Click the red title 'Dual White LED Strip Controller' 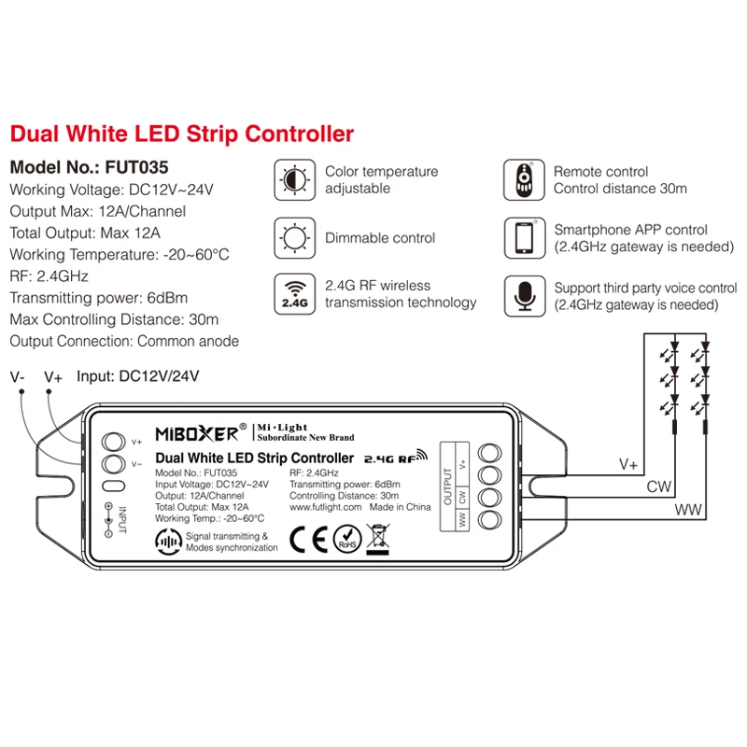click(x=182, y=134)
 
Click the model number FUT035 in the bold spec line click(x=136, y=167)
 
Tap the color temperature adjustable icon click(x=294, y=180)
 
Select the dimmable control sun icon click(x=294, y=238)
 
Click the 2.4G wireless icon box click(x=294, y=294)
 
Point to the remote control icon click(x=524, y=180)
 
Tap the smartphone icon click(x=525, y=238)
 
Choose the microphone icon click(x=525, y=296)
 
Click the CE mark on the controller click(x=309, y=540)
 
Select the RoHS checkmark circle click(x=347, y=540)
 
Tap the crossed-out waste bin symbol click(x=378, y=540)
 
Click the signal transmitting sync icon click(x=169, y=542)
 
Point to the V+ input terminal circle click(x=113, y=442)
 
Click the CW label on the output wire click(x=659, y=486)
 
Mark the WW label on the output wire click(x=688, y=510)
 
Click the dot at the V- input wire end click(x=21, y=391)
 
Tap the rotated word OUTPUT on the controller click(x=448, y=486)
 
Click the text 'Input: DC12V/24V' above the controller click(x=137, y=376)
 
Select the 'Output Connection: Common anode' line click(x=124, y=341)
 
